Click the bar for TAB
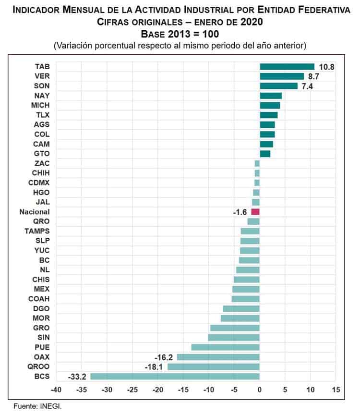pyautogui.click(x=287, y=67)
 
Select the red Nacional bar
pyautogui.click(x=255, y=212)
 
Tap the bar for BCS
pyautogui.click(x=175, y=376)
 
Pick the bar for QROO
pyautogui.click(x=213, y=366)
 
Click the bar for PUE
pyautogui.click(x=225, y=347)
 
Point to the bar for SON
pyautogui.click(x=278, y=86)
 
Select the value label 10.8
pyautogui.click(x=326, y=67)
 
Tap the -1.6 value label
pyautogui.click(x=240, y=212)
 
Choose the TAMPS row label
pyautogui.click(x=36, y=231)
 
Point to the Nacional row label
pyautogui.click(x=34, y=212)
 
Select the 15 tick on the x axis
pyautogui.click(x=336, y=389)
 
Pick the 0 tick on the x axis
pyautogui.click(x=260, y=389)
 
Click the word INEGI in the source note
pyautogui.click(x=51, y=406)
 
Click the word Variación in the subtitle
pyautogui.click(x=74, y=46)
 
